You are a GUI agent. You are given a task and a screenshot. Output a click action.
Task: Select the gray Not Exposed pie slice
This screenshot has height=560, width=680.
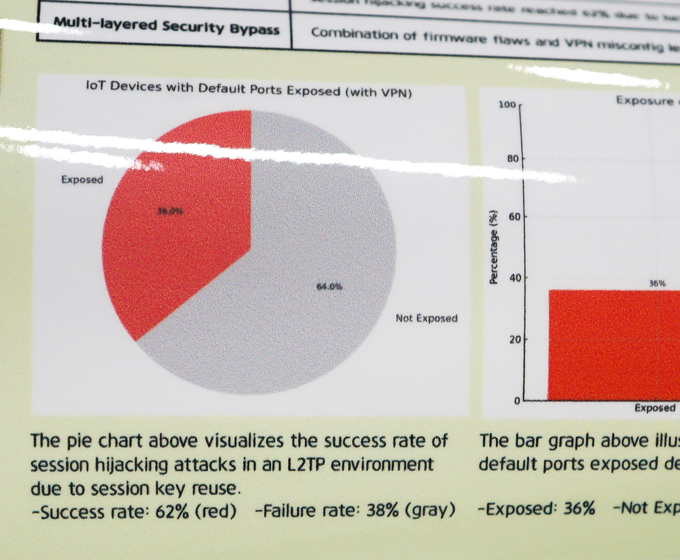[x=304, y=320]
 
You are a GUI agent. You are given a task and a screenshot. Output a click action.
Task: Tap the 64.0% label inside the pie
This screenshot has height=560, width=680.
[x=329, y=286]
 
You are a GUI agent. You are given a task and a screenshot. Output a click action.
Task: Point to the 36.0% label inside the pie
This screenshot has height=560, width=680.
[x=170, y=211]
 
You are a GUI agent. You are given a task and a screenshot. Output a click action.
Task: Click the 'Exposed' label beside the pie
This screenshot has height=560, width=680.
[x=82, y=180]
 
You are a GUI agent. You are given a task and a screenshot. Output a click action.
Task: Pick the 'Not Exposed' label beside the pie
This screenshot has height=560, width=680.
[x=426, y=318]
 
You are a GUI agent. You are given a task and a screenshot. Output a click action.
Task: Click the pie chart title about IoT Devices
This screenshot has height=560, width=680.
[x=249, y=90]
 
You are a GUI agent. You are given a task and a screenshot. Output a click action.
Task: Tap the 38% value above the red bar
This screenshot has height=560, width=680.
[x=657, y=284]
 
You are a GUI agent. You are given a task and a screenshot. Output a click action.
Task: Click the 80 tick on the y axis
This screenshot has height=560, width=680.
[x=512, y=159]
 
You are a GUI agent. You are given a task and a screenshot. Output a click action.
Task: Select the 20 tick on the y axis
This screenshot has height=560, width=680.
[x=516, y=340]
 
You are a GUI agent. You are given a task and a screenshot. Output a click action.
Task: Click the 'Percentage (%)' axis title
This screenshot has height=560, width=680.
[x=494, y=247]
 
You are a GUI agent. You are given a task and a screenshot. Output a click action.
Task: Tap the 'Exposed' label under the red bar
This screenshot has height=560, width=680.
[x=655, y=408]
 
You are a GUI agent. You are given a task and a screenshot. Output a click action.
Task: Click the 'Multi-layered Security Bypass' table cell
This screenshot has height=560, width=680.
[x=166, y=26]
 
